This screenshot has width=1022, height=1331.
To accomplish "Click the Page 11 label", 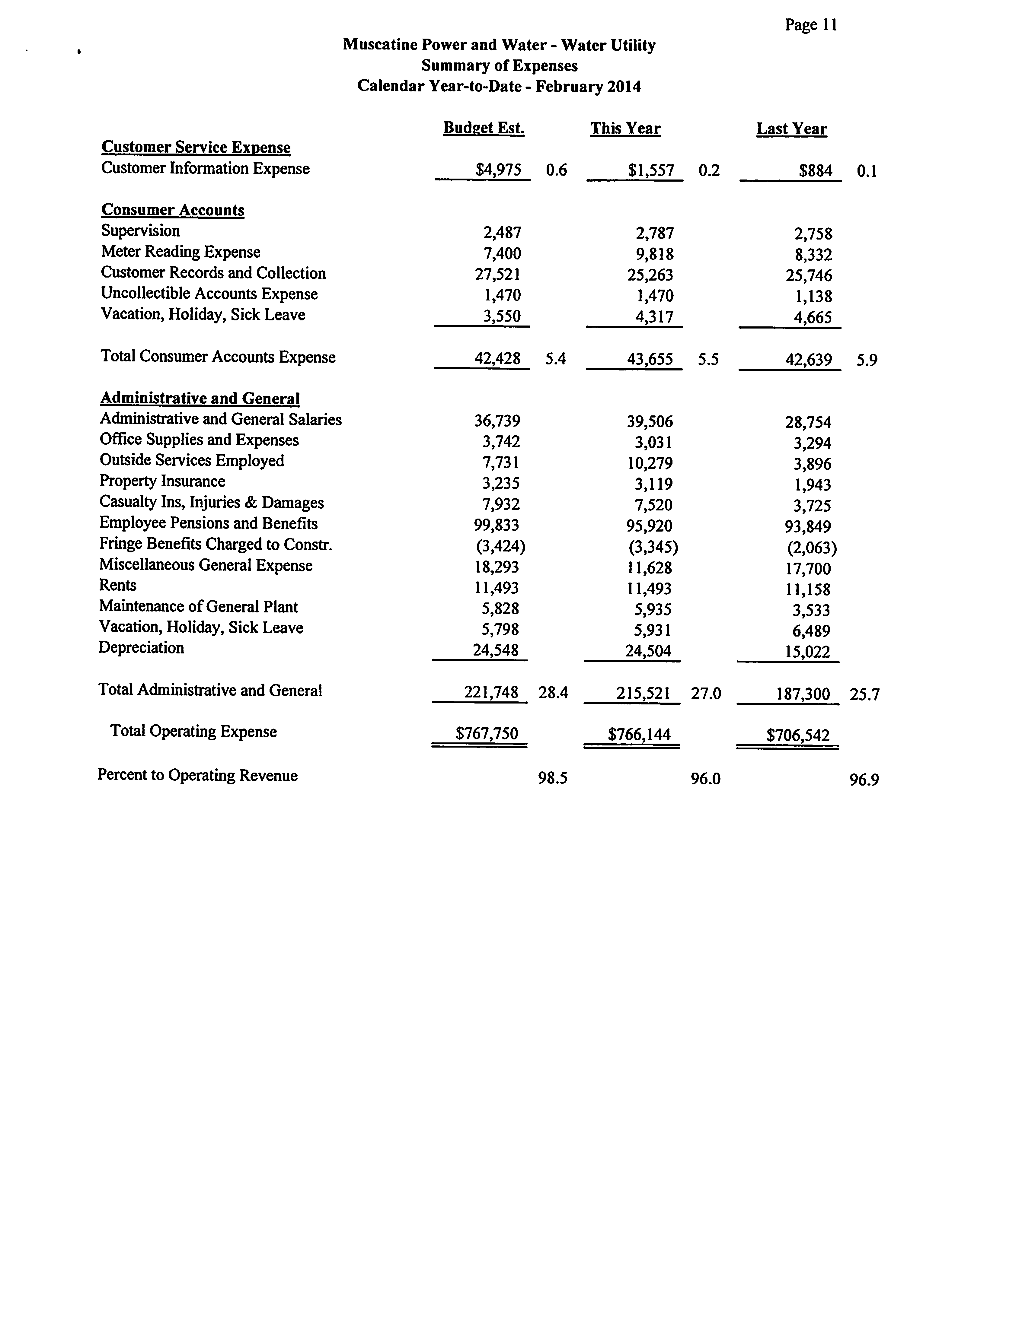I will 811,25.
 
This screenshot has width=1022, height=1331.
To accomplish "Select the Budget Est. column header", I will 484,128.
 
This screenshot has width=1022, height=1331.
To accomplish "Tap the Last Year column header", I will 791,129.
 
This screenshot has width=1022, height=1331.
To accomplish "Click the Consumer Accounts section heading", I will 173,210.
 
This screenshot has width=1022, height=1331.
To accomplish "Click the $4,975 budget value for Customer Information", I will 498,170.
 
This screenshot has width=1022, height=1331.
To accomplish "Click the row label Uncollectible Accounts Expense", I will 209,294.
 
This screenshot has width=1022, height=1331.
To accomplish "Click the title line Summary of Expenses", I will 500,66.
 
